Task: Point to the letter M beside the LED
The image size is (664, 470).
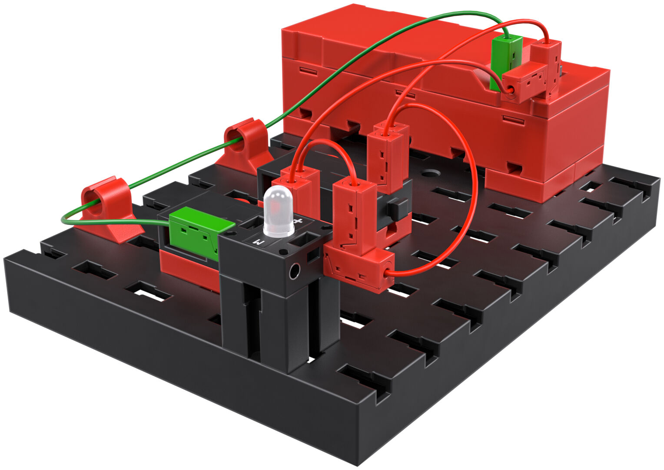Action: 258,242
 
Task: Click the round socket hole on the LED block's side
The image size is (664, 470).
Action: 294,272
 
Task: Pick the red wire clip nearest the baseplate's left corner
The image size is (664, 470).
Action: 107,206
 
